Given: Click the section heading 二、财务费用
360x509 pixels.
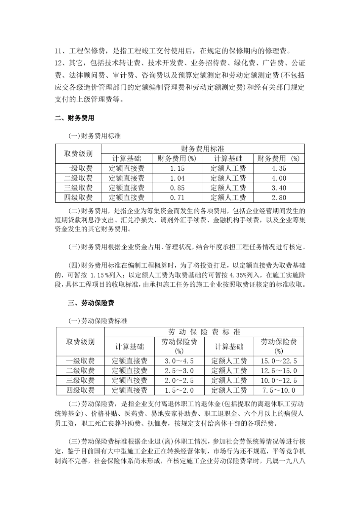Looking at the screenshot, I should tap(74, 118).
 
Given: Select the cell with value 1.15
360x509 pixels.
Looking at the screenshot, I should tap(177, 169).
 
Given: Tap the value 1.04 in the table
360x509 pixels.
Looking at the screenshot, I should tap(177, 178).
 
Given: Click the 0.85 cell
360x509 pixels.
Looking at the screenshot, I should tap(177, 188).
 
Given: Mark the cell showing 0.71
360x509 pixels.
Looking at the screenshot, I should tap(177, 198).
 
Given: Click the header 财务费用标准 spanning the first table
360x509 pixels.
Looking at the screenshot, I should tap(203, 149).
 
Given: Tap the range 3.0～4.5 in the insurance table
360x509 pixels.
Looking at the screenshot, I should tap(179, 361).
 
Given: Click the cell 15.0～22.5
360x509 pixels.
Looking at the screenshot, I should tap(279, 361).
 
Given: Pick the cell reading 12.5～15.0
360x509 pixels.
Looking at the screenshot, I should tap(279, 371).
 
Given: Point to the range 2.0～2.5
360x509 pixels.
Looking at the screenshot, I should tap(179, 381).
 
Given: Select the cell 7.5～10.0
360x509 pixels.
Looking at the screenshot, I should tap(279, 390).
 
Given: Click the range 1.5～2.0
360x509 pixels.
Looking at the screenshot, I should tap(179, 390).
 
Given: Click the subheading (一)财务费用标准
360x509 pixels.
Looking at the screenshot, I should tap(94, 136).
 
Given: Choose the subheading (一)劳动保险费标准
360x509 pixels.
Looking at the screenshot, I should tap(98, 321).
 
